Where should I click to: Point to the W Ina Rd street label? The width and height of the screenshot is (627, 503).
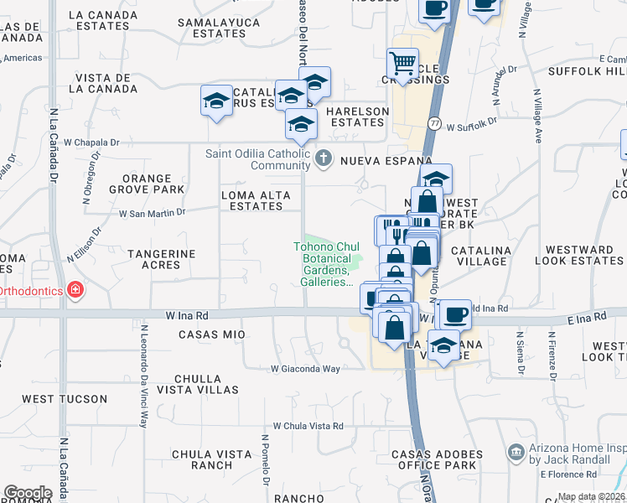186,315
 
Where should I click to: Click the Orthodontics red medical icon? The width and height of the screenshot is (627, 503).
75,290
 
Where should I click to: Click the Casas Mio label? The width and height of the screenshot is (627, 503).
211,334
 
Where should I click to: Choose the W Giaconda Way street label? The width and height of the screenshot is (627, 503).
305,369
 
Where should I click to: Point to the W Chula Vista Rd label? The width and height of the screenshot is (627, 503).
308,426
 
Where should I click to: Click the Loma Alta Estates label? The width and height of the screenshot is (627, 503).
255,200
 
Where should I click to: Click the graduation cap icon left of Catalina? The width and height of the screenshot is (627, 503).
216,101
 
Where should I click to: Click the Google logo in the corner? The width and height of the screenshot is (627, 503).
28,493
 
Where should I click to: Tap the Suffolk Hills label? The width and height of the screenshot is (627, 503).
586,71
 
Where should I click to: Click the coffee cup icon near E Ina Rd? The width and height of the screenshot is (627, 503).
453,314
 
